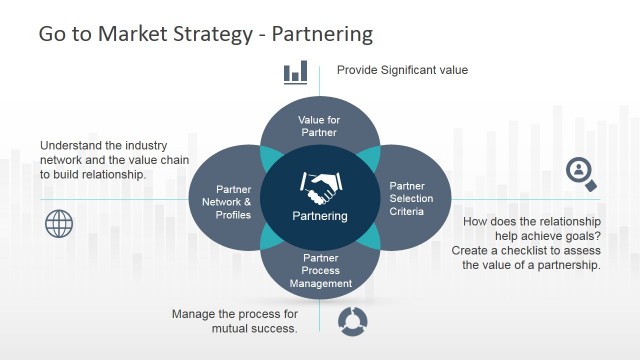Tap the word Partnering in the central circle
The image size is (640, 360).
point(320,215)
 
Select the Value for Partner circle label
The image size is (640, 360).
point(319,126)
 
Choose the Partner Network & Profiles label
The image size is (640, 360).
point(233,201)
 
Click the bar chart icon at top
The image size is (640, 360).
point(295,71)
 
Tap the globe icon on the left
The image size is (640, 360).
point(60,223)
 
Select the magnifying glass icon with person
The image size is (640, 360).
point(581,173)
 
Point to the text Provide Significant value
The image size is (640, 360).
point(402,71)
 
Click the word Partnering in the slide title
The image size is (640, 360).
point(320,35)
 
